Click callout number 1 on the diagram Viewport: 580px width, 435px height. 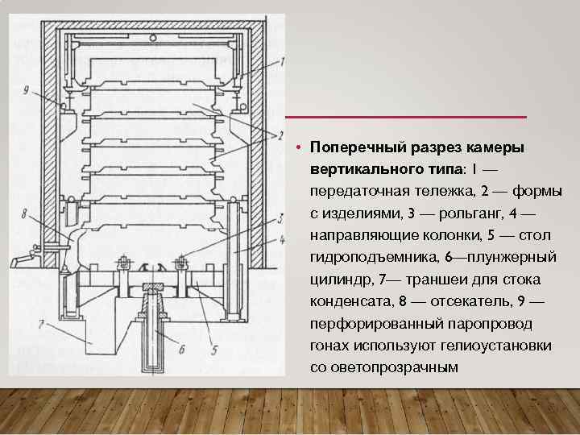tap(282, 62)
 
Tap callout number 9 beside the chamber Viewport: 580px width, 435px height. tap(26, 91)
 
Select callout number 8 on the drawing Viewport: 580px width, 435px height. tap(25, 214)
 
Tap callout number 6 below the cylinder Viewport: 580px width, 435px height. tap(181, 349)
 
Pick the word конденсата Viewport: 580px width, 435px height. tap(346, 301)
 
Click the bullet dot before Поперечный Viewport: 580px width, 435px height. tap(297, 149)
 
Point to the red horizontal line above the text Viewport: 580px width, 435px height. tap(410, 118)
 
